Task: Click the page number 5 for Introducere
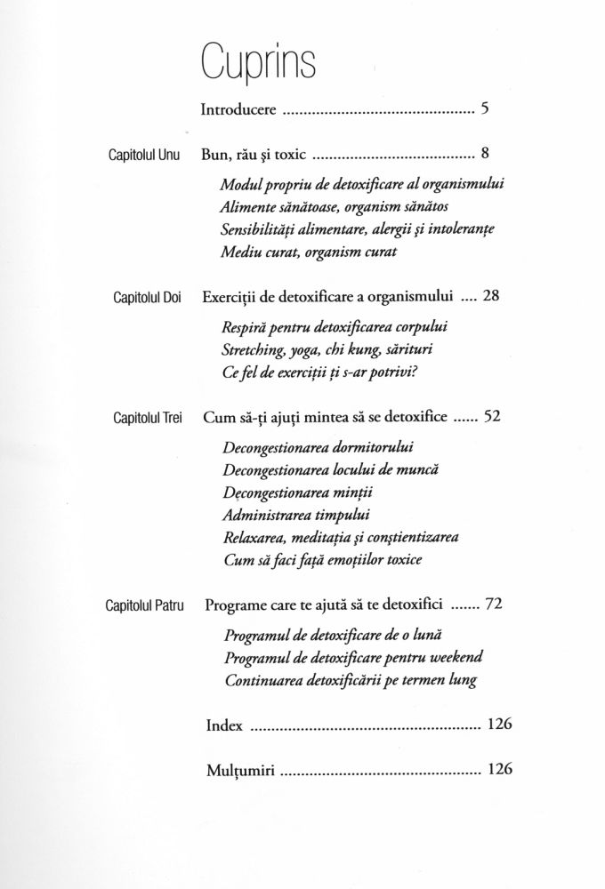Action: click(x=484, y=110)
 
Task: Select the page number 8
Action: click(x=484, y=154)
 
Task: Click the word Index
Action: click(x=223, y=725)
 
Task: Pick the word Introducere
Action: click(x=242, y=111)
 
